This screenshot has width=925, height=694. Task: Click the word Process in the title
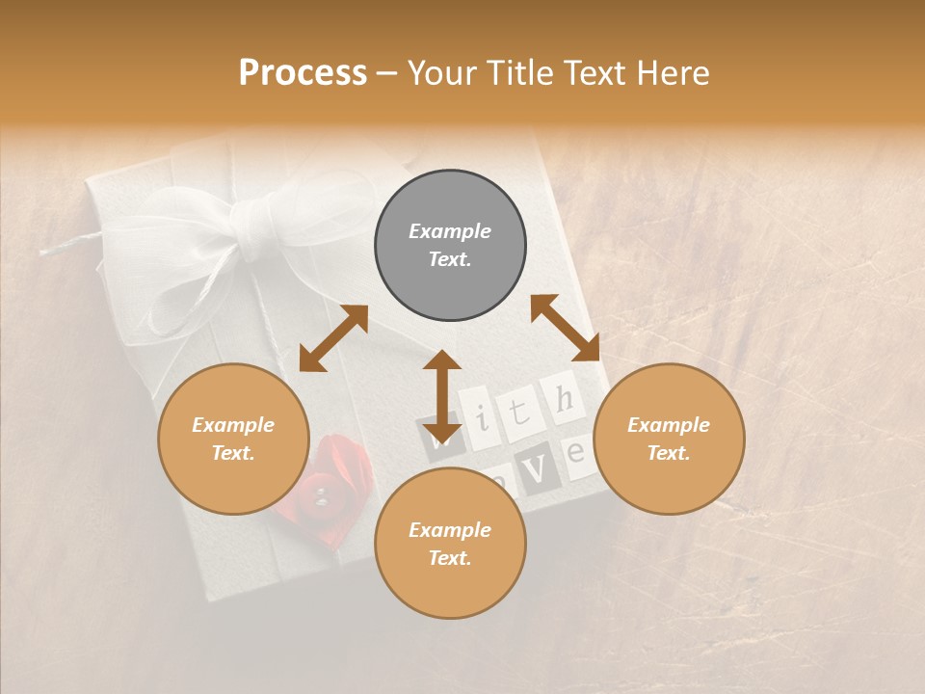click(x=303, y=73)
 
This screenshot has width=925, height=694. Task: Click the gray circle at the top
click(x=450, y=245)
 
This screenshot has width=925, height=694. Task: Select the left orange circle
click(x=233, y=439)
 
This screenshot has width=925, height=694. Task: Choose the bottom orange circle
click(x=450, y=544)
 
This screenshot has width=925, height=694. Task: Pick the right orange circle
click(x=669, y=439)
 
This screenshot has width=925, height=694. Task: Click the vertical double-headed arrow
click(x=442, y=396)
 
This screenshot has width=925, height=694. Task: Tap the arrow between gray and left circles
click(x=333, y=338)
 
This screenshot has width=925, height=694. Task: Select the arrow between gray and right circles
click(x=565, y=328)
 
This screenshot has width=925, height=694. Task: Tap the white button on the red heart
click(x=321, y=496)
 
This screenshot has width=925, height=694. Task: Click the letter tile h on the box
click(x=566, y=397)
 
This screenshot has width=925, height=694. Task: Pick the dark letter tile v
click(x=540, y=469)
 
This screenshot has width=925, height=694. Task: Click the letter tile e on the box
click(x=578, y=451)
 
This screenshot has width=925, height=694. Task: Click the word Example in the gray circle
click(x=450, y=231)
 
